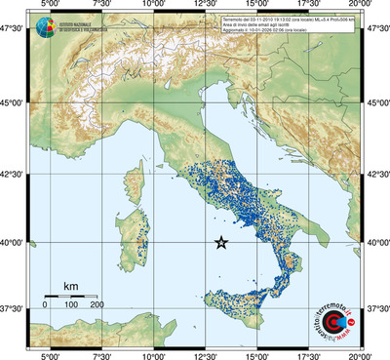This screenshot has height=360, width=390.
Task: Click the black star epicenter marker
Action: [220, 243]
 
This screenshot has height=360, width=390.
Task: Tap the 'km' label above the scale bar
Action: [70, 285]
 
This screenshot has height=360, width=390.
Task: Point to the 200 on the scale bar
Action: [97, 304]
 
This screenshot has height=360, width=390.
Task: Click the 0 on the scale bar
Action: [45, 304]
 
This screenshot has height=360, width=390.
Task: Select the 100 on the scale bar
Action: [70, 304]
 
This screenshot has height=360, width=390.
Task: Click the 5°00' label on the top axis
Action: [49, 6]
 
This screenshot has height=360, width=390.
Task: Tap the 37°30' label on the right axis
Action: [376, 308]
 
